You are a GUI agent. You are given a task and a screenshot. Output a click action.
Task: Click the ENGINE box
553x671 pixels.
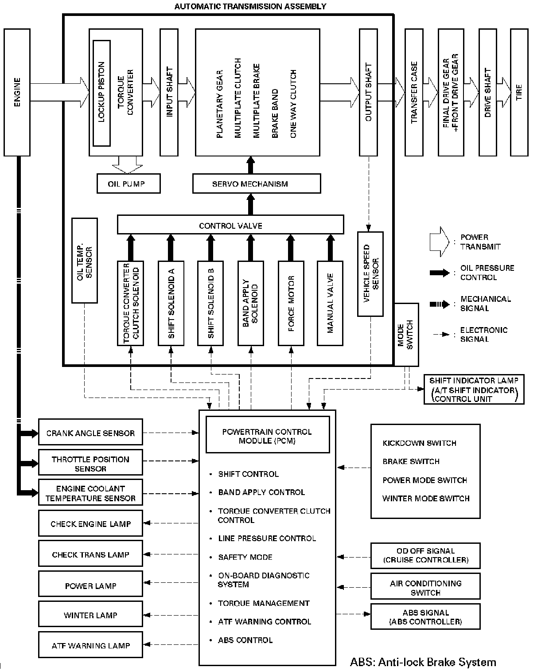pyautogui.click(x=17, y=92)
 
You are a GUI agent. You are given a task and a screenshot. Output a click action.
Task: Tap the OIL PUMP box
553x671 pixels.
pyautogui.click(x=128, y=183)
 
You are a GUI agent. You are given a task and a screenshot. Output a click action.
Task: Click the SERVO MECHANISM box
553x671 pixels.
pyautogui.click(x=256, y=183)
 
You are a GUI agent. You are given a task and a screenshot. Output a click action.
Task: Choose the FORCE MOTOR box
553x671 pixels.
pyautogui.click(x=291, y=303)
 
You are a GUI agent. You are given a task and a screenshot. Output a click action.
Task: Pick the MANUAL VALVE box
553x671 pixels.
pyautogui.click(x=330, y=303)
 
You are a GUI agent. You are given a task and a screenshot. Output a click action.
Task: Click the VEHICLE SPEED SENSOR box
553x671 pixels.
pyautogui.click(x=370, y=273)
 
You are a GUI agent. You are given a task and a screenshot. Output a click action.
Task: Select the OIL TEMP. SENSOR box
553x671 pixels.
pyautogui.click(x=84, y=260)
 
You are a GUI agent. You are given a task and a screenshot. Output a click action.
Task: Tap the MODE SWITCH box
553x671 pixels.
pyautogui.click(x=406, y=334)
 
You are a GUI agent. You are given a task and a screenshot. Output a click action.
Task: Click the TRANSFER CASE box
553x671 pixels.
pyautogui.click(x=414, y=92)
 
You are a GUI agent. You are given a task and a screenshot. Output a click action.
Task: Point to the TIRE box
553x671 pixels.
pyautogui.click(x=519, y=92)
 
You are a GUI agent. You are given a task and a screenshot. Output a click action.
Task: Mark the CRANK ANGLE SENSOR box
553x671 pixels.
pyautogui.click(x=90, y=432)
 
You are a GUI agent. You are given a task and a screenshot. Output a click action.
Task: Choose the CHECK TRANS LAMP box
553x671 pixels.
pyautogui.click(x=90, y=554)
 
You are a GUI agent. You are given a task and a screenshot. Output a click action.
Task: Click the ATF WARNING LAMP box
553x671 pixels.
pyautogui.click(x=90, y=645)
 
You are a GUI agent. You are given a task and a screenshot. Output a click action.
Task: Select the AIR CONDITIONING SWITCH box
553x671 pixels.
pyautogui.click(x=425, y=587)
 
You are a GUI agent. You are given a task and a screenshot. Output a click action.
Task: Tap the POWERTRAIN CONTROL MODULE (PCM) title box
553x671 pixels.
pyautogui.click(x=267, y=436)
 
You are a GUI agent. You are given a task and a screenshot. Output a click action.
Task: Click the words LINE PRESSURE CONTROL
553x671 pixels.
pyautogui.click(x=267, y=538)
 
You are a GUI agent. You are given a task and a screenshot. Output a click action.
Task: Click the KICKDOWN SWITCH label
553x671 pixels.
pyautogui.click(x=419, y=443)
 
